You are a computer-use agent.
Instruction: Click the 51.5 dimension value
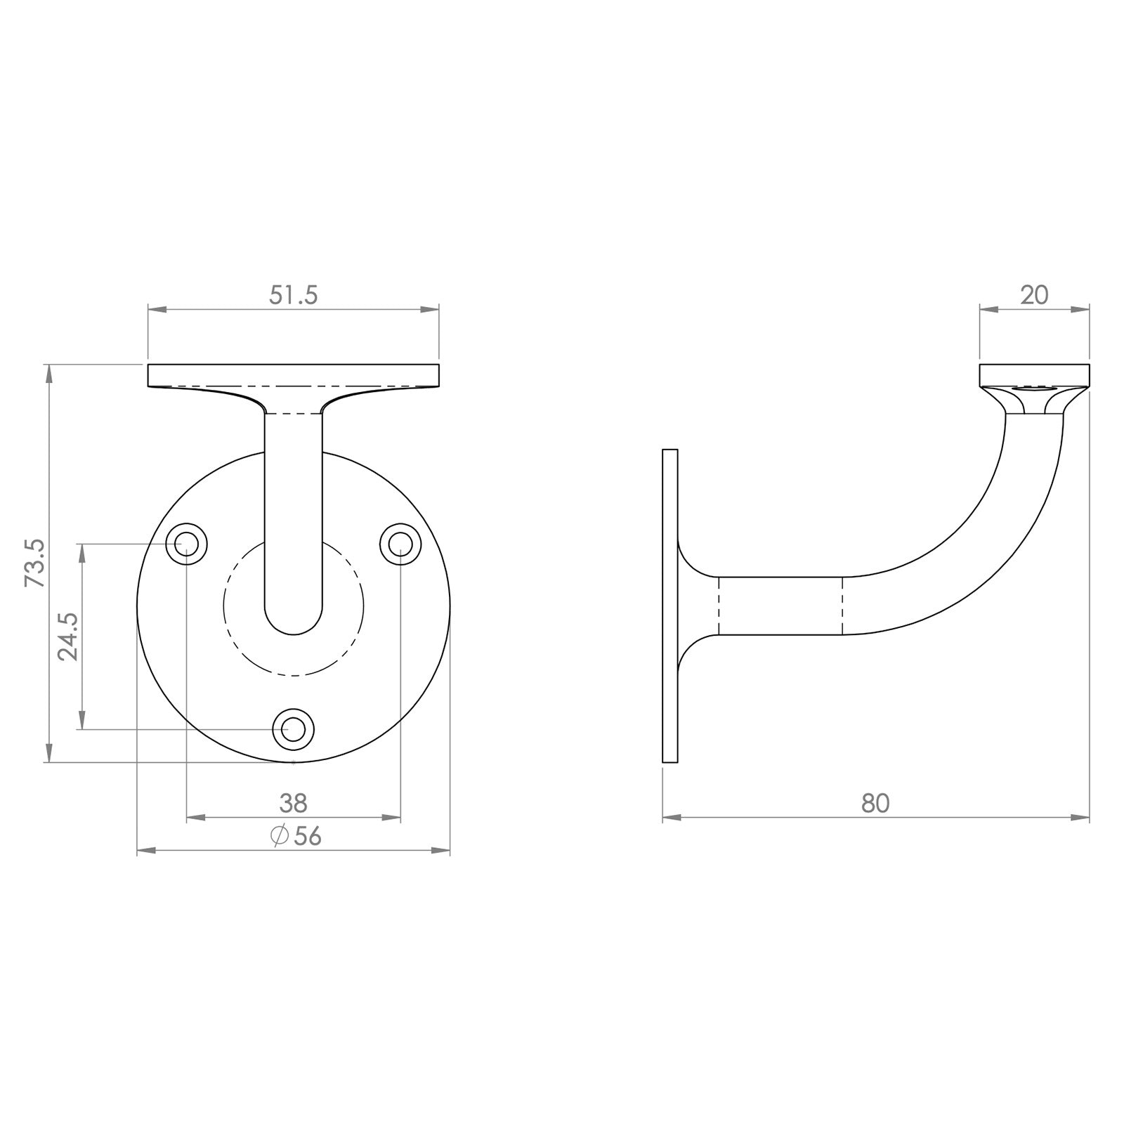pyautogui.click(x=294, y=296)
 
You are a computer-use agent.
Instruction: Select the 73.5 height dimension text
pyautogui.click(x=35, y=563)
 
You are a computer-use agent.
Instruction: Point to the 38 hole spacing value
pyautogui.click(x=294, y=803)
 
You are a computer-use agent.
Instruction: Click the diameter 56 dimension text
pyautogui.click(x=296, y=836)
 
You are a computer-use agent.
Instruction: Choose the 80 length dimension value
pyautogui.click(x=875, y=803)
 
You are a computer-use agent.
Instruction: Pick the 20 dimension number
pyautogui.click(x=1034, y=296)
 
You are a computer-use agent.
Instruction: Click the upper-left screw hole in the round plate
pyautogui.click(x=187, y=543)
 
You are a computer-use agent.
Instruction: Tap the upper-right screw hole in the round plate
pyautogui.click(x=400, y=543)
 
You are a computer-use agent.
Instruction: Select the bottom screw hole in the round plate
pyautogui.click(x=293, y=729)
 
